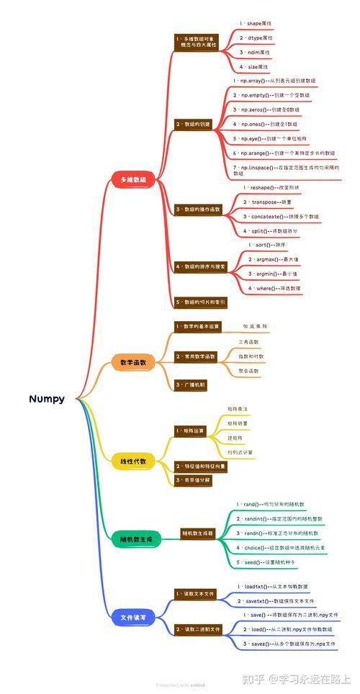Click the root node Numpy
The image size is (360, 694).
coord(47,398)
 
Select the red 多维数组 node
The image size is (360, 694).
coord(132,179)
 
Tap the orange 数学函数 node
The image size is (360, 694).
coord(132,363)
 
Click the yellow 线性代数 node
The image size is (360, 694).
coord(132,461)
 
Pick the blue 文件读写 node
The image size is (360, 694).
coord(132,616)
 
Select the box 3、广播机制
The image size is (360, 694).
coord(191,385)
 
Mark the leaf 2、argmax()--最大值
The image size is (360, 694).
coord(274,258)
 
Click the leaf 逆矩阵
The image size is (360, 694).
coord(235,438)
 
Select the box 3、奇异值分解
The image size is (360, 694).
coord(193,479)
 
